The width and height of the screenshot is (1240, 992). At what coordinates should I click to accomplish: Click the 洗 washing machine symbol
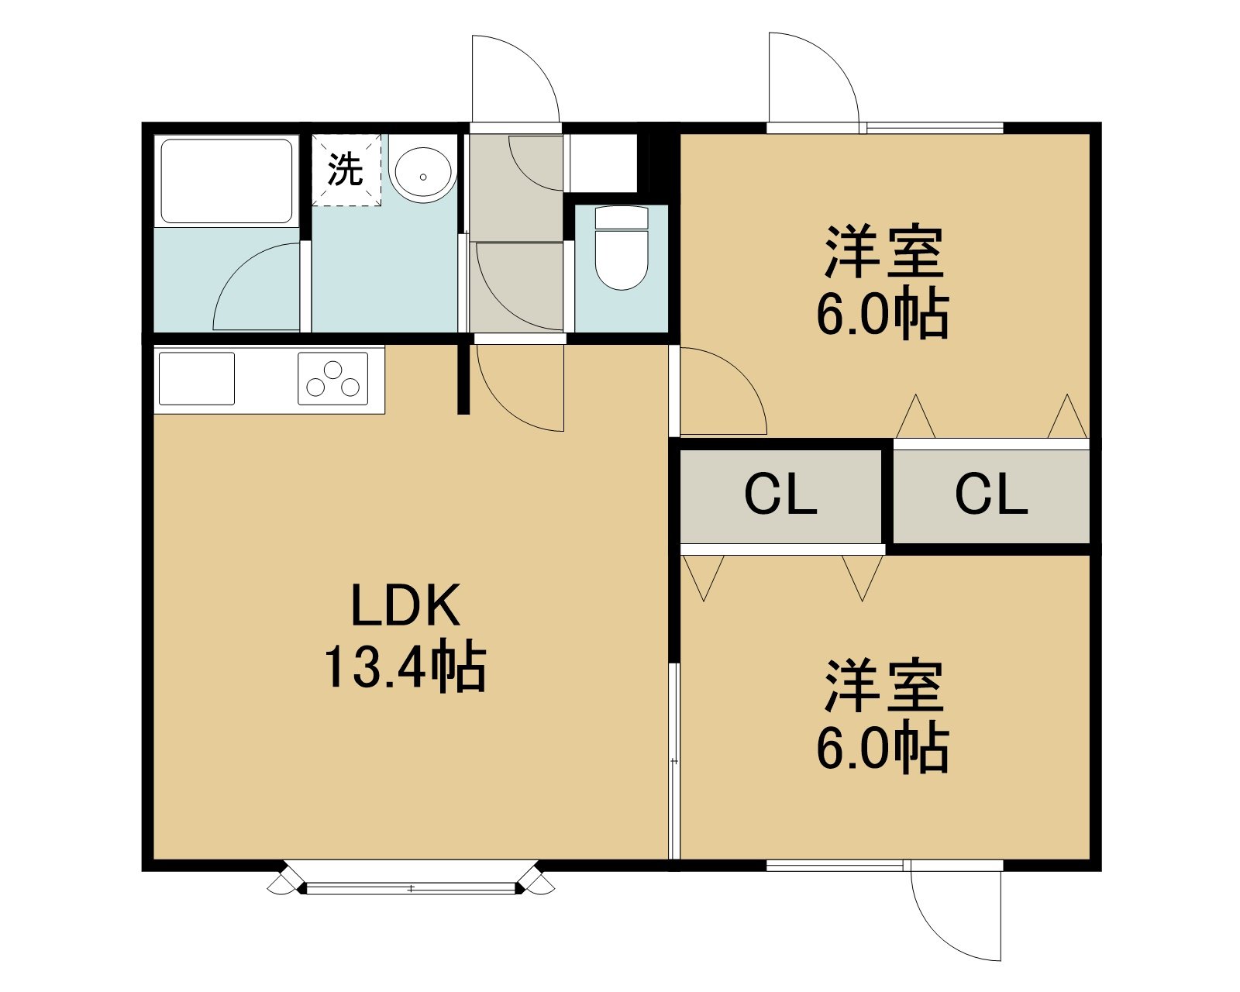(346, 170)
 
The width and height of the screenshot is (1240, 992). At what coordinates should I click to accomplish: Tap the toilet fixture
(621, 247)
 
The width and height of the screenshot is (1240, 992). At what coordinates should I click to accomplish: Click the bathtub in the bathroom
(226, 181)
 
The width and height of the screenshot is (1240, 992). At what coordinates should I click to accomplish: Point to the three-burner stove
(333, 379)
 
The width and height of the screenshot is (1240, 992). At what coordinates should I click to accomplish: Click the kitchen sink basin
(197, 379)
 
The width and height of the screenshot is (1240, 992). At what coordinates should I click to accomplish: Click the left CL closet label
(780, 494)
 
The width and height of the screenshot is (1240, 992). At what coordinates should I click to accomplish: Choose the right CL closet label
(991, 494)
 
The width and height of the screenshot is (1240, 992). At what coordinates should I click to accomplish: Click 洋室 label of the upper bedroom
(884, 252)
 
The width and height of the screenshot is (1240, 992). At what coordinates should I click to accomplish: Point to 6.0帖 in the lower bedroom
(883, 748)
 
